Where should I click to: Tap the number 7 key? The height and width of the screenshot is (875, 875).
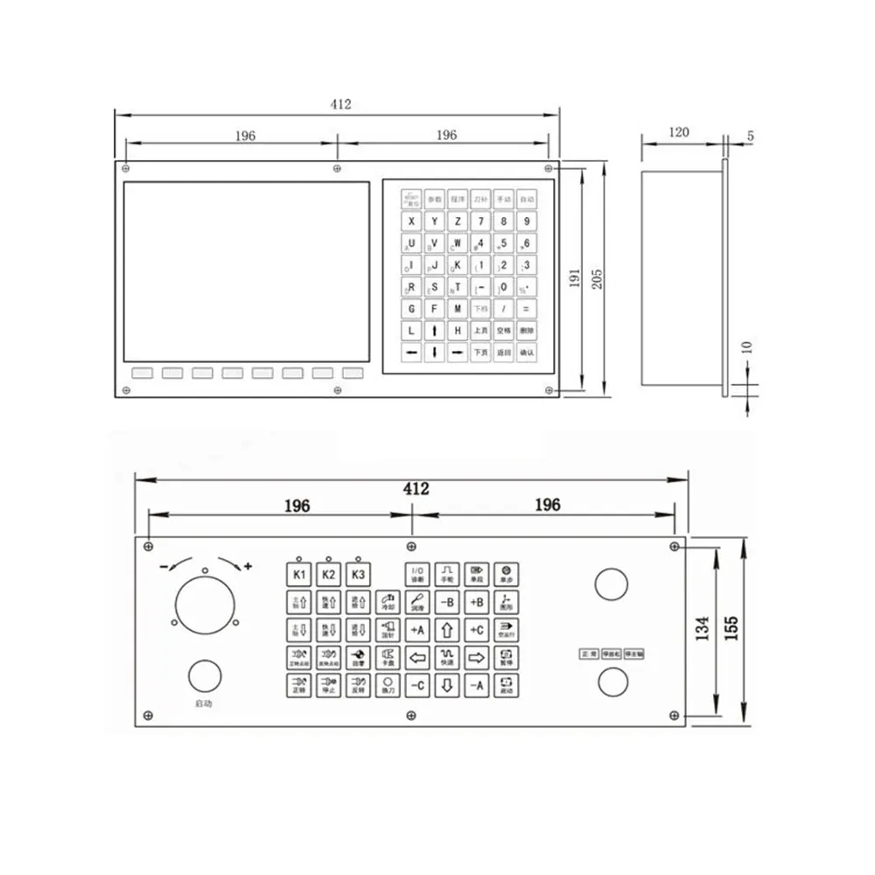click(480, 221)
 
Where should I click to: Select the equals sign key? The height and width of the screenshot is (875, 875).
click(526, 309)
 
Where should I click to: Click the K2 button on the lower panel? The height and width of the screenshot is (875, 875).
click(329, 575)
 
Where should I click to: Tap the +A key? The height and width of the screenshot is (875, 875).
click(416, 629)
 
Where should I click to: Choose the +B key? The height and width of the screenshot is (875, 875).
click(477, 602)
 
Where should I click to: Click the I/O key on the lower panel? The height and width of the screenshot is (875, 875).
click(416, 575)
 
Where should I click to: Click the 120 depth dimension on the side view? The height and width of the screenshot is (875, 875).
click(679, 132)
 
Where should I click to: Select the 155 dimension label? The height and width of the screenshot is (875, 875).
click(731, 628)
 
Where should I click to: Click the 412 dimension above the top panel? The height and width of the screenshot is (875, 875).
click(340, 104)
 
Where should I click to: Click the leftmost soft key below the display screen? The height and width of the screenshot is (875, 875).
click(142, 373)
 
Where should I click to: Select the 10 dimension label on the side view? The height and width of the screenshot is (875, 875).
click(745, 347)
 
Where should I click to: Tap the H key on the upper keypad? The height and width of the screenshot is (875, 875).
click(458, 331)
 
